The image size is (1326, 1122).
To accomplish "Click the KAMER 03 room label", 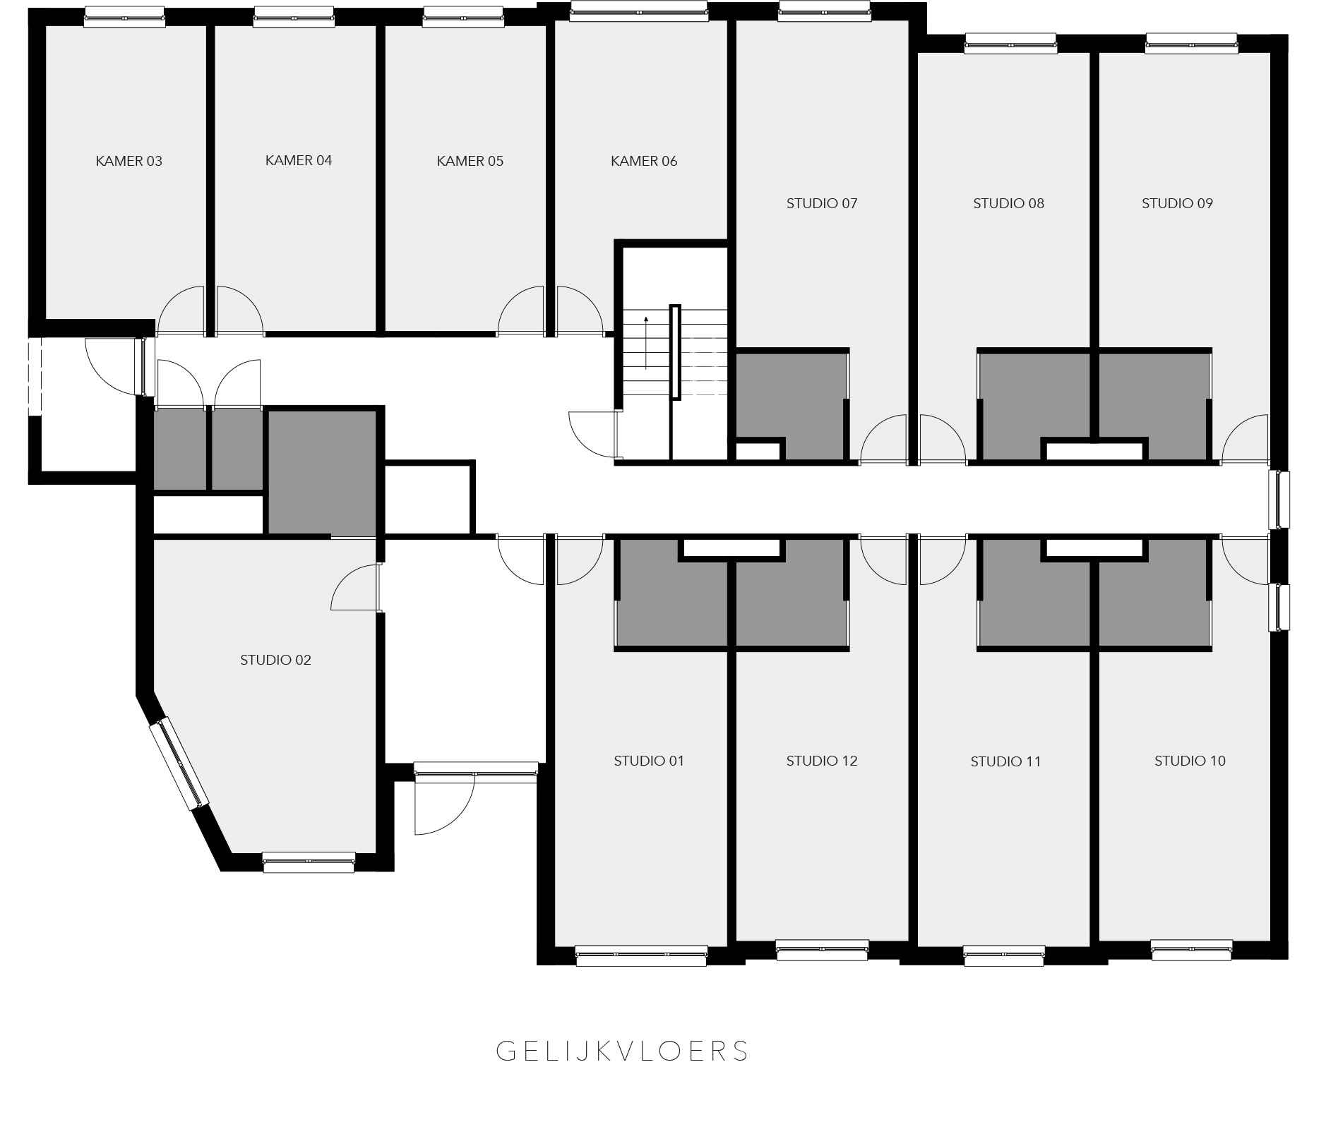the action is click(x=129, y=161).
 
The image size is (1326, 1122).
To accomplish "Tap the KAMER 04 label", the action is click(x=299, y=160).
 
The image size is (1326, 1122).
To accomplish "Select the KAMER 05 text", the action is click(x=470, y=161).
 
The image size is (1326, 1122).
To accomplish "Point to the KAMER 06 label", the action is click(x=644, y=161).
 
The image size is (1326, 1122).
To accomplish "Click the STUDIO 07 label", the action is click(x=822, y=203).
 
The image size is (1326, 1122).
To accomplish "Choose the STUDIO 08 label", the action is click(x=1008, y=203).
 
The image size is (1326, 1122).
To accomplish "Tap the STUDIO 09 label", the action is click(x=1177, y=203).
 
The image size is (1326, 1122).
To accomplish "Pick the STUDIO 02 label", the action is click(x=275, y=660).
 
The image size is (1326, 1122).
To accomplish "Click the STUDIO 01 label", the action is click(x=649, y=761).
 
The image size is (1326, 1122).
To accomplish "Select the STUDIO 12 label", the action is click(x=822, y=761).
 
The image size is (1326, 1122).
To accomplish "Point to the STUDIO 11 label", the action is click(x=1005, y=761).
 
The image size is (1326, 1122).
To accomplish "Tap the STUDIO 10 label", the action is click(x=1190, y=761).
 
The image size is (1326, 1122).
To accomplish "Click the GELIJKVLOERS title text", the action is click(x=622, y=1051).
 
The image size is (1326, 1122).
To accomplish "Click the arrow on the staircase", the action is click(x=646, y=342).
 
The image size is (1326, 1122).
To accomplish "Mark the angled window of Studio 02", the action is click(x=179, y=764).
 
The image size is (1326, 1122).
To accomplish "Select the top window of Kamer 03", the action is click(x=125, y=17).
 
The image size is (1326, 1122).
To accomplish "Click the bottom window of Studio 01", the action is click(x=641, y=955).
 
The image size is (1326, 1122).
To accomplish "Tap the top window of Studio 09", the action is click(x=1191, y=44).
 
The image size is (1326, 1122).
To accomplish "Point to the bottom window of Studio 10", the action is click(x=1192, y=950).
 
